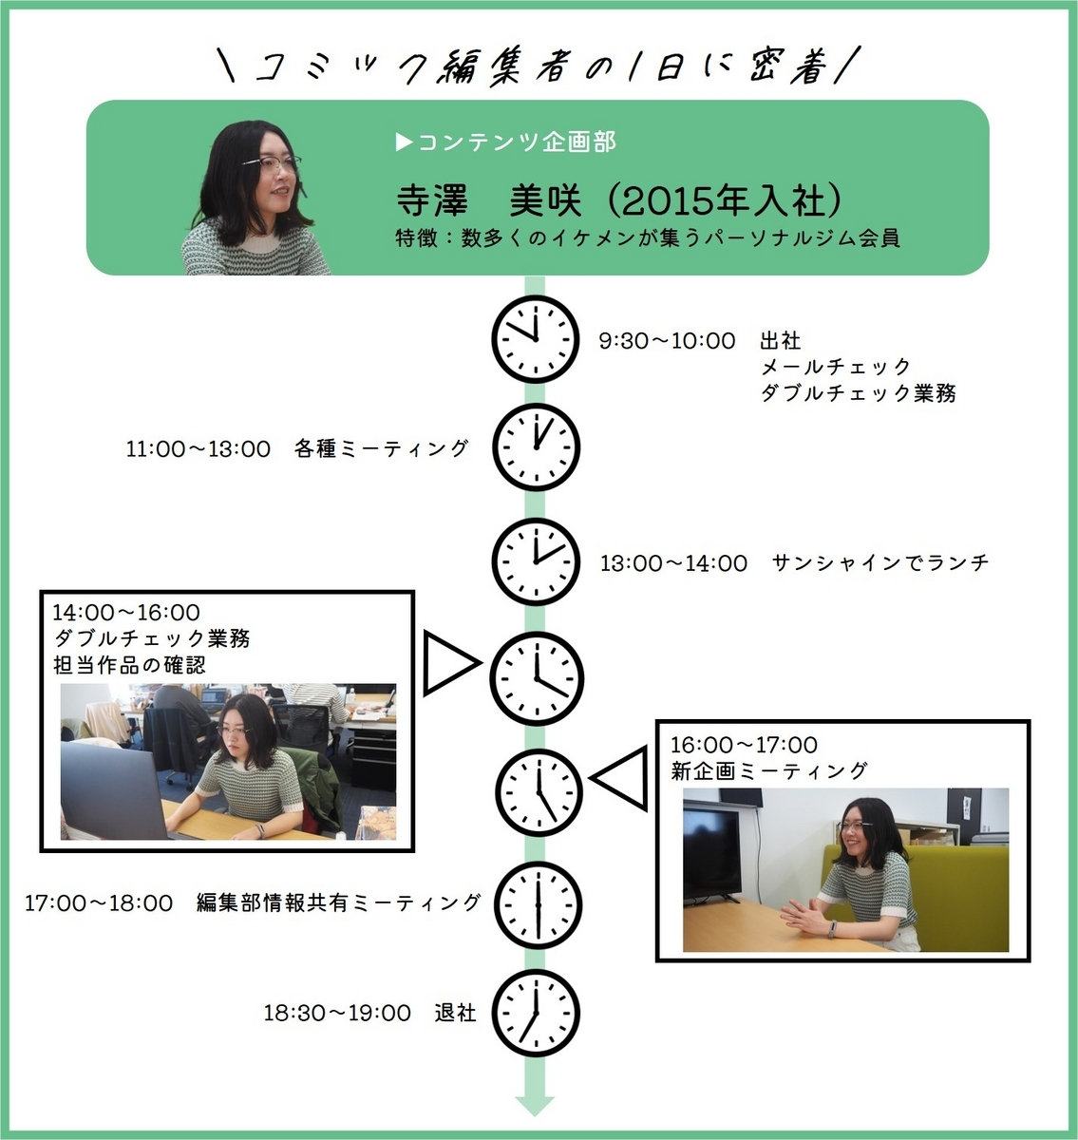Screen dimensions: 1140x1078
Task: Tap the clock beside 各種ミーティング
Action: pyautogui.click(x=535, y=446)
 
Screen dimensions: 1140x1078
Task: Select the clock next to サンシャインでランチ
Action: pyautogui.click(x=535, y=561)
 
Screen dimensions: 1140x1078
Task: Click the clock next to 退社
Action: pyautogui.click(x=535, y=1012)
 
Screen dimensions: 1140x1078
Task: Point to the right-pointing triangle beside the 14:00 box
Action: pyautogui.click(x=448, y=662)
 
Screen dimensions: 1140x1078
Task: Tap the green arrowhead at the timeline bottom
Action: pyautogui.click(x=535, y=1105)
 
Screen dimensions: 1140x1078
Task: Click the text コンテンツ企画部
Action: pyautogui.click(x=516, y=142)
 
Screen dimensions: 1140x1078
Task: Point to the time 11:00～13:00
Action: pyautogui.click(x=198, y=448)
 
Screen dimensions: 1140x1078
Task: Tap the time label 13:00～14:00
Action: pyautogui.click(x=673, y=563)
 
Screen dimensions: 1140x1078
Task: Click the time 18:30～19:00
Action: pyautogui.click(x=337, y=1014)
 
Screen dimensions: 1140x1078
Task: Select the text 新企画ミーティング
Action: pyautogui.click(x=768, y=770)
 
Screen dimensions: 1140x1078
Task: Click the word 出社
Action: pyautogui.click(x=780, y=340)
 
